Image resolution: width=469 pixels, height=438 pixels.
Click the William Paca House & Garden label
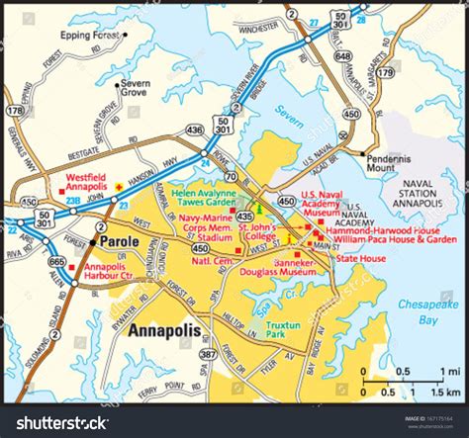coord(394,239)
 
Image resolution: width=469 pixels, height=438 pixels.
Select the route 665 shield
coord(57,262)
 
